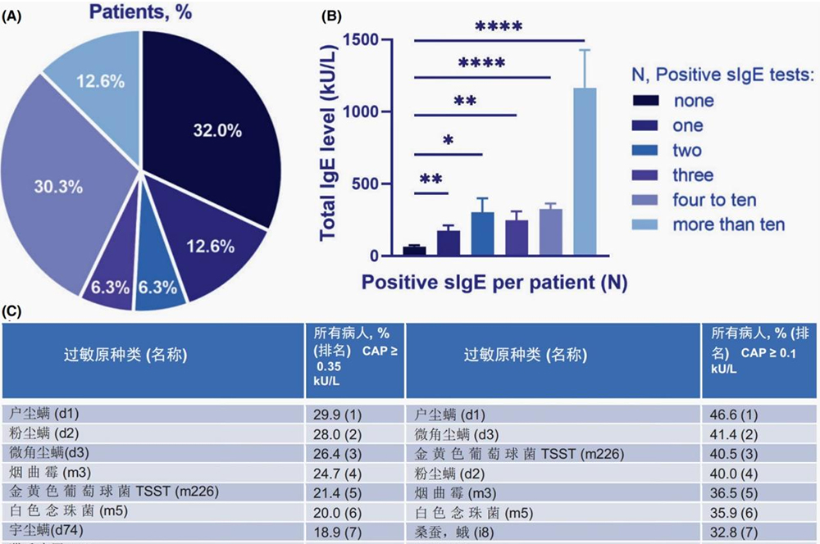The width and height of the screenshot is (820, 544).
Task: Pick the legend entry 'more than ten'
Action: coord(728,224)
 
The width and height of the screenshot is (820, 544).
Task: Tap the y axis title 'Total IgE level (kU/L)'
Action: coord(330,143)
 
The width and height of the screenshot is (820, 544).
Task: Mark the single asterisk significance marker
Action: coord(448,140)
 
